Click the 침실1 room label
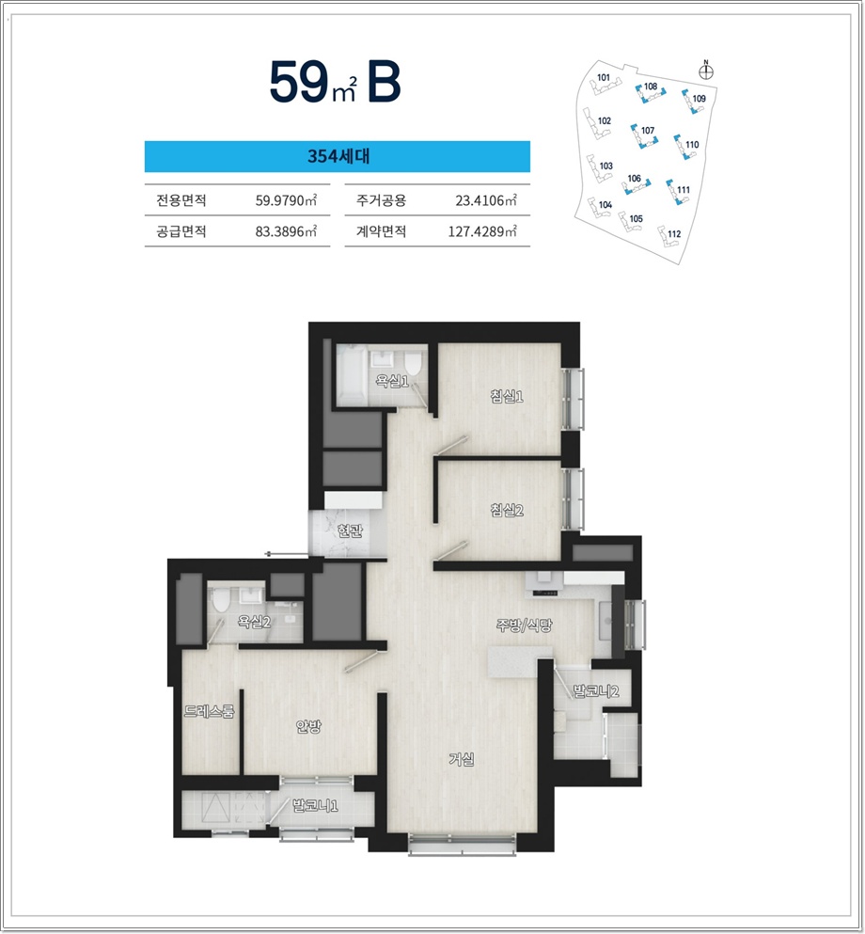(507, 396)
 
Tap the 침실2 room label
(507, 510)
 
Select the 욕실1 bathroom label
(392, 381)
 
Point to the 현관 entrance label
(350, 530)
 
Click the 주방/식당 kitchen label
(525, 625)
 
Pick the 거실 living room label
(462, 759)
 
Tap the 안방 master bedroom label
(308, 726)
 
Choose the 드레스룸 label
(209, 711)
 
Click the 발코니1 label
(315, 806)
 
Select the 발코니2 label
(595, 691)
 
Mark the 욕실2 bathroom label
(254, 622)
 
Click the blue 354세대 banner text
(338, 156)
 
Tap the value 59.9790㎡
(286, 200)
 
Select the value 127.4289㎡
(482, 231)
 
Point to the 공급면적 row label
(181, 231)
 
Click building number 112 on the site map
(674, 233)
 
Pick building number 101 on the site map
(604, 77)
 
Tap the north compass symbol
(706, 71)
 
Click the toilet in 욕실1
(413, 362)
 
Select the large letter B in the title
(384, 81)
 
